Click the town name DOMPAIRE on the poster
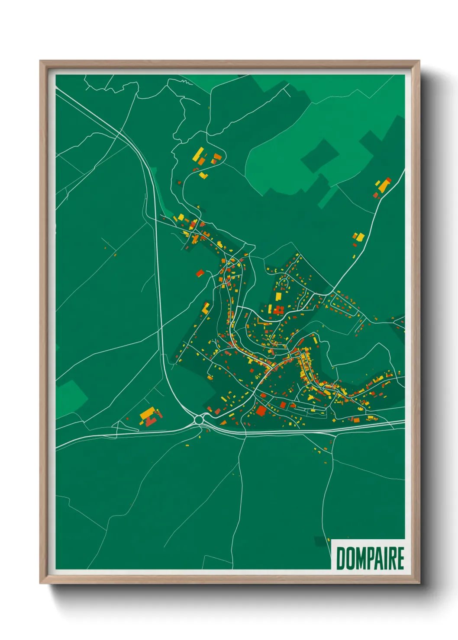(370, 558)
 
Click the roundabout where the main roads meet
(199, 419)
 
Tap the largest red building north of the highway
(261, 410)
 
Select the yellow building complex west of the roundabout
(148, 414)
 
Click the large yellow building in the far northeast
(383, 185)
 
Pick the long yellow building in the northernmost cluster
(199, 154)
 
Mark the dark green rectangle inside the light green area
(320, 155)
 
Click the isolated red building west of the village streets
(200, 273)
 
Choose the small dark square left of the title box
(321, 541)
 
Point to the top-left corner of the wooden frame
(41, 61)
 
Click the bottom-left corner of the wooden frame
(41, 582)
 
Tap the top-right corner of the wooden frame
(419, 61)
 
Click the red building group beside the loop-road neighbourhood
(278, 310)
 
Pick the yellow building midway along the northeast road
(359, 237)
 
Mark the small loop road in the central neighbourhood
(284, 283)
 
